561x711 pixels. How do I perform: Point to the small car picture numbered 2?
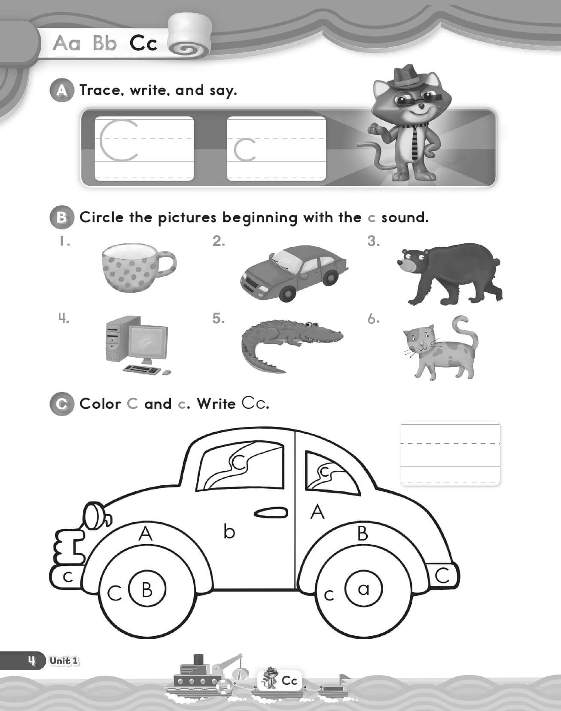[x=293, y=271]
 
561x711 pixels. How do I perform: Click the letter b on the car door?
[x=229, y=532]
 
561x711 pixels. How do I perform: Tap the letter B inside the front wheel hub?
[x=147, y=589]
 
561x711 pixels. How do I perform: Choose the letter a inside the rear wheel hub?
[x=363, y=589]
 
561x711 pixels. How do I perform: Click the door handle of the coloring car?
[x=270, y=513]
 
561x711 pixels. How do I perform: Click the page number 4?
[x=31, y=661]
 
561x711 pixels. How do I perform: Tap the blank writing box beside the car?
[x=450, y=454]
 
